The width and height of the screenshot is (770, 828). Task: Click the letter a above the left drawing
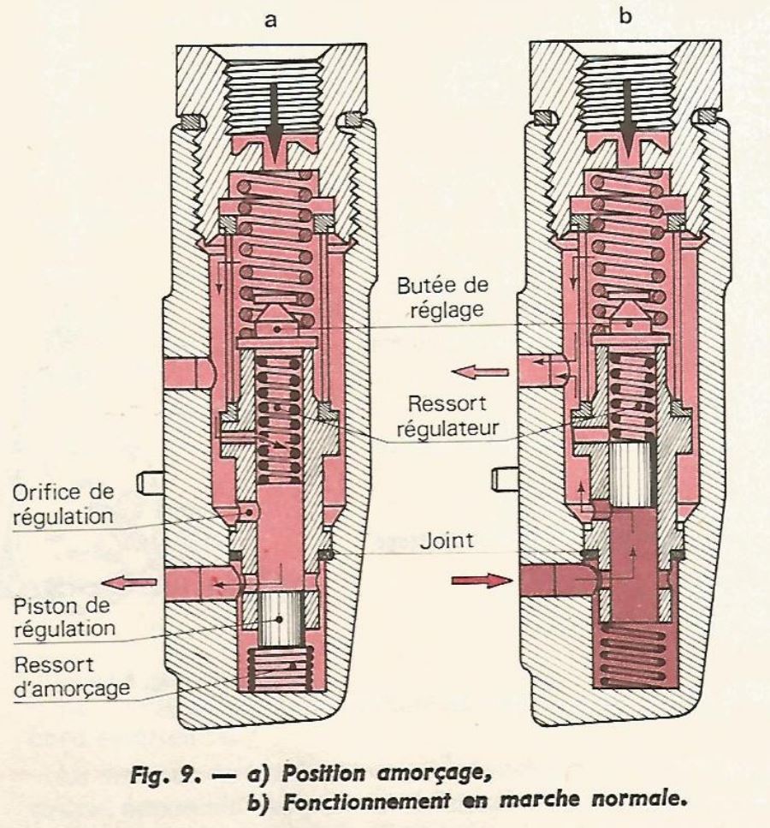(270, 20)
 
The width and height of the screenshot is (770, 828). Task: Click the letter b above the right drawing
(624, 16)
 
